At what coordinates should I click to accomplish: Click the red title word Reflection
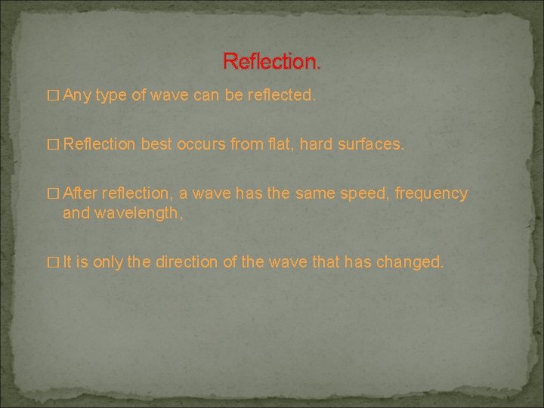271,61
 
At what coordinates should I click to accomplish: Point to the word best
156,144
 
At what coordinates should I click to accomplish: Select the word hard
316,144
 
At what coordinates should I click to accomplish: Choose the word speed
363,193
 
